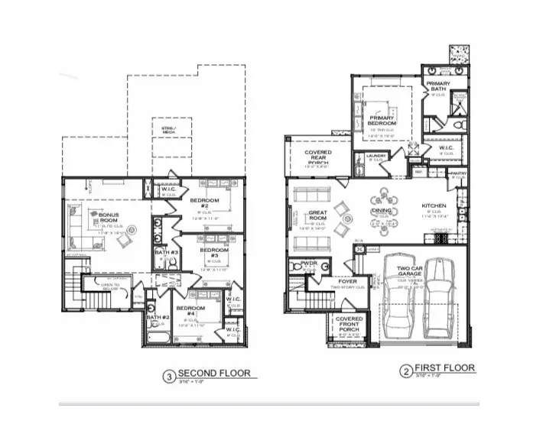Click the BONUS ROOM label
click(109, 218)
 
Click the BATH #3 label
click(166, 252)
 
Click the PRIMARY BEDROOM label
click(382, 119)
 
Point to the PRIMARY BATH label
click(438, 86)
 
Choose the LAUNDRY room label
click(375, 156)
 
